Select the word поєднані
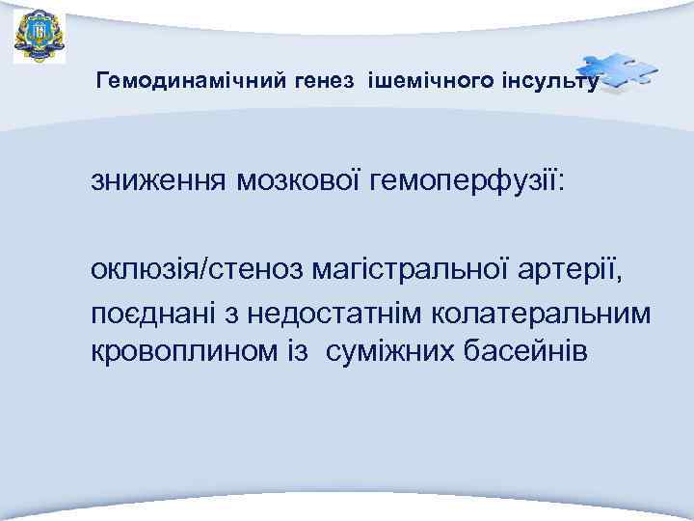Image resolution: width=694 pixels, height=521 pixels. [x=154, y=315]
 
